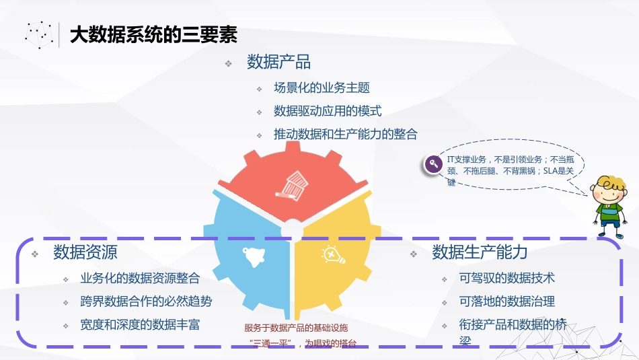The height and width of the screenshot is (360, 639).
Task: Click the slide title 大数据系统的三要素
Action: click(x=153, y=36)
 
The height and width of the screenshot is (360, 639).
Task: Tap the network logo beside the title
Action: click(x=40, y=34)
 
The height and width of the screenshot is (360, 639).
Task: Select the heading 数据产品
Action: click(x=278, y=63)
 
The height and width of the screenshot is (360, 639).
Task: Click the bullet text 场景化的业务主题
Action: click(x=322, y=87)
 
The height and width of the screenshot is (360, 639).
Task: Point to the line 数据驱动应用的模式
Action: click(x=328, y=111)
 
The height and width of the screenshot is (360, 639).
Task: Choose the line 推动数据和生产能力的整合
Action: click(x=345, y=134)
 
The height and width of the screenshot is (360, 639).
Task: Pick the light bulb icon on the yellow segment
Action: click(x=332, y=254)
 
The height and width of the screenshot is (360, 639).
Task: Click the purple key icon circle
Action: click(x=433, y=164)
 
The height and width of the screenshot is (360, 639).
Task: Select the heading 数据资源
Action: click(x=85, y=253)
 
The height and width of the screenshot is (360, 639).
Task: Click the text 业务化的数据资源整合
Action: click(x=140, y=278)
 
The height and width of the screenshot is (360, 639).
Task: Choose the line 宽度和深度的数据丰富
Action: click(x=140, y=325)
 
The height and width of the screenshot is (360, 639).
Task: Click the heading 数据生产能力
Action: click(x=480, y=252)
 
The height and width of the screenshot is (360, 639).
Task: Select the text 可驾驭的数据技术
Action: click(x=507, y=278)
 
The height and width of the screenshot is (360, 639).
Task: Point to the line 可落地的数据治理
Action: click(x=507, y=301)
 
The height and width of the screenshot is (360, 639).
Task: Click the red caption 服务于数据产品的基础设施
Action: click(x=296, y=328)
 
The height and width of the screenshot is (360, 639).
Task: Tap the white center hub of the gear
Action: click(x=292, y=230)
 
